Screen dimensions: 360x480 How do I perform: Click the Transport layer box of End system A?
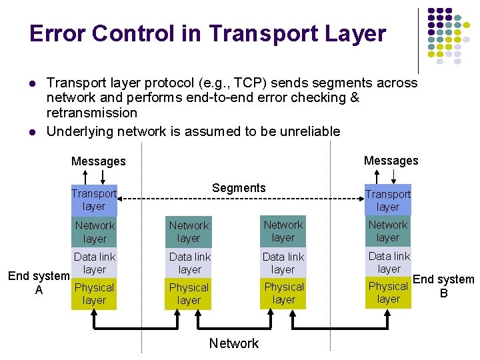(x=94, y=200)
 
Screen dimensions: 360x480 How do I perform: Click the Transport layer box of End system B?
(x=387, y=200)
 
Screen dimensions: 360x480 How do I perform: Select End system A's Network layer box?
(x=94, y=231)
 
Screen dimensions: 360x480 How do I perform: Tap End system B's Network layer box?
(x=387, y=231)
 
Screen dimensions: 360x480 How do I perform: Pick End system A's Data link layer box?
(x=94, y=263)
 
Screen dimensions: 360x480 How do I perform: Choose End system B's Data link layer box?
(x=389, y=262)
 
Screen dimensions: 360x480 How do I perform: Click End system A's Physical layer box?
(x=94, y=294)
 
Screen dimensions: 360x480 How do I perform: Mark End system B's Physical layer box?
(x=388, y=293)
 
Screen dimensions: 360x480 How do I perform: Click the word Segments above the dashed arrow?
(x=239, y=188)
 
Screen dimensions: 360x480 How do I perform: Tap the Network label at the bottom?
(x=233, y=343)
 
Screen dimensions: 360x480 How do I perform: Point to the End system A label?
(x=39, y=283)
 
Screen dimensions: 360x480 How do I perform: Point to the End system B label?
(x=443, y=285)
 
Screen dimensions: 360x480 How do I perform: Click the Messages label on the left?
(x=98, y=161)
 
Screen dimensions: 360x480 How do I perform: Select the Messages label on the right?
(x=391, y=160)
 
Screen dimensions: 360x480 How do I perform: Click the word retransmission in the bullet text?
(x=91, y=113)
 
